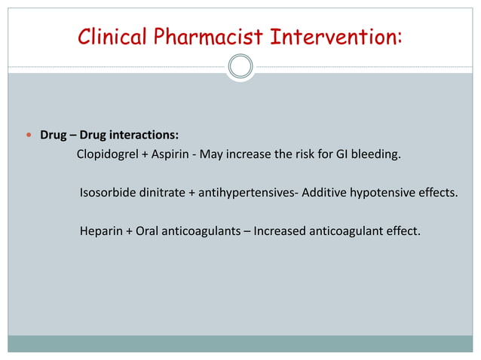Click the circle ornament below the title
tap(240, 67)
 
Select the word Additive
tap(326, 193)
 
